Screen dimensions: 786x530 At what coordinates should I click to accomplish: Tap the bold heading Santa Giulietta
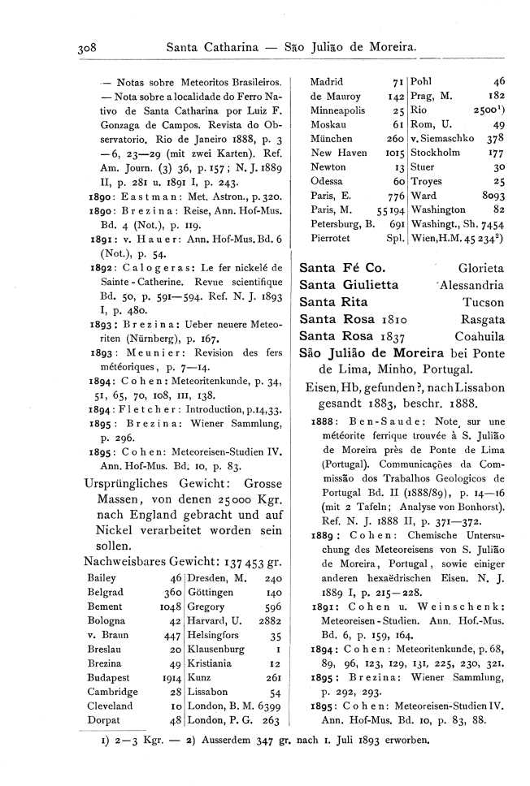click(x=349, y=284)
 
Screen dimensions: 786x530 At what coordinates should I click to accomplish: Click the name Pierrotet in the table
click(x=332, y=239)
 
